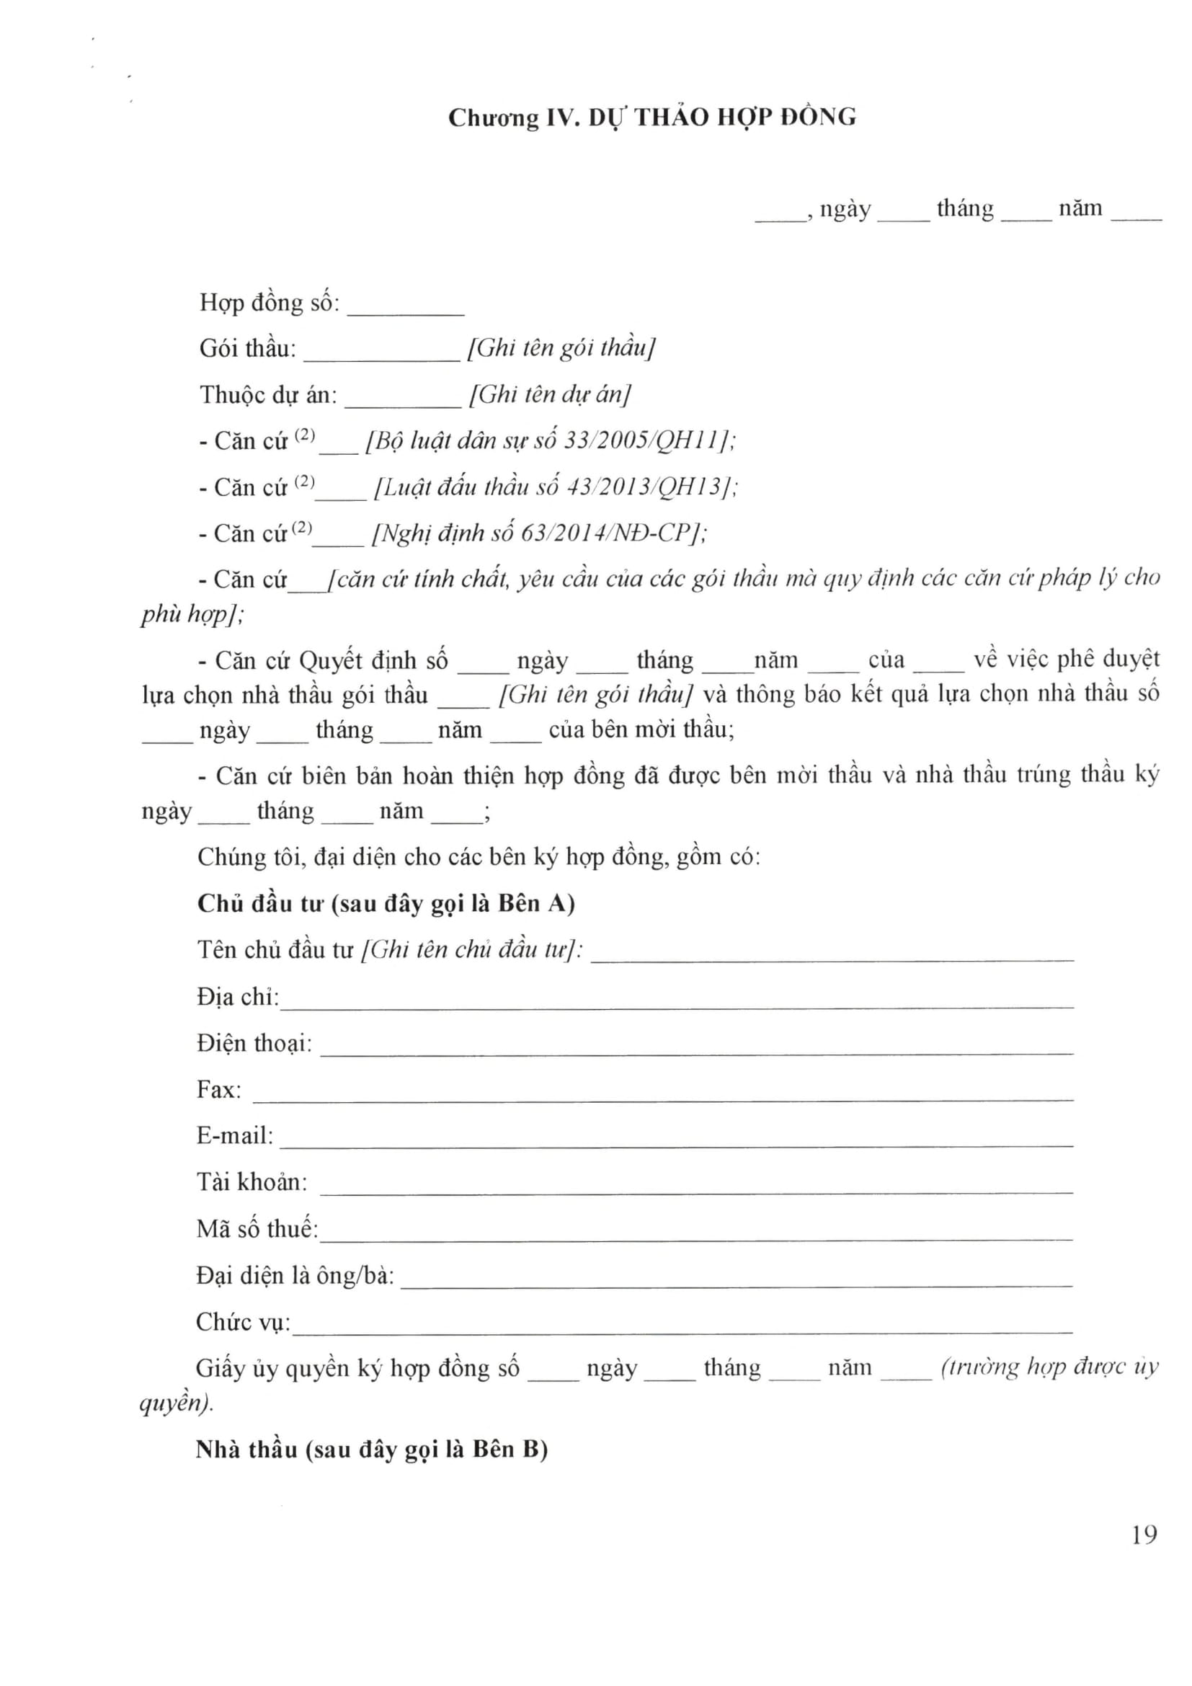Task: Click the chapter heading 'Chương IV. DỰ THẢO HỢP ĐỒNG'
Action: click(x=651, y=117)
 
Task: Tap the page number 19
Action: click(x=1144, y=1535)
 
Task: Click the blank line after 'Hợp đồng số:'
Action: click(x=405, y=313)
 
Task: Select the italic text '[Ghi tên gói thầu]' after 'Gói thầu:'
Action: click(x=561, y=347)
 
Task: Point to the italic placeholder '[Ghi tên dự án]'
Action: click(x=550, y=394)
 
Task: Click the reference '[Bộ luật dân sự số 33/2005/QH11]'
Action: click(x=551, y=440)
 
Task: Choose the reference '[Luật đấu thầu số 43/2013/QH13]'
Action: click(x=556, y=487)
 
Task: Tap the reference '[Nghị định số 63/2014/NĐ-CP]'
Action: click(x=540, y=533)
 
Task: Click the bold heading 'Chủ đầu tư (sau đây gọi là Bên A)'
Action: click(x=386, y=903)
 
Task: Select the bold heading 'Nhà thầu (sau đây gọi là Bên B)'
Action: click(x=371, y=1450)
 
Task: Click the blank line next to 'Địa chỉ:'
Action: click(x=676, y=1006)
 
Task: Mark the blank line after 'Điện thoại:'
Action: click(x=696, y=1052)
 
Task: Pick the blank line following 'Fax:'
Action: click(x=663, y=1099)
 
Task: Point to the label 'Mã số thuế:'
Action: click(x=257, y=1229)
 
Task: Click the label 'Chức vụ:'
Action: click(x=243, y=1323)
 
